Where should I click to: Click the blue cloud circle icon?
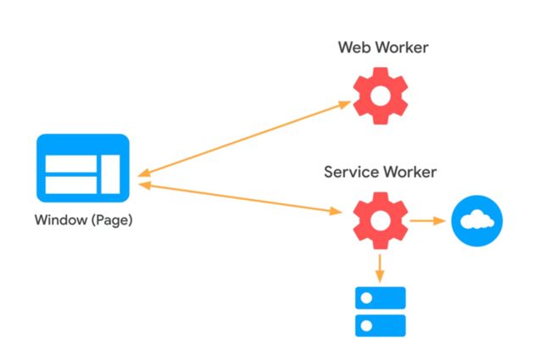click(476, 220)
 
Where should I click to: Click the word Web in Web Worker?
click(353, 47)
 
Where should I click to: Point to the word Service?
click(349, 173)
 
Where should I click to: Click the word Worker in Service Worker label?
click(409, 173)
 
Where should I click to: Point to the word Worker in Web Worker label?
click(400, 47)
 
